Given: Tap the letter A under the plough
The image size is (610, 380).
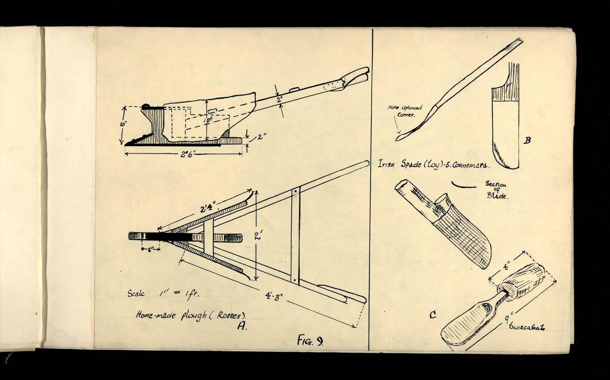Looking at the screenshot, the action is coord(242,326).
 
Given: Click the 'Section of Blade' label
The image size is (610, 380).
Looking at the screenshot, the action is coord(496,190).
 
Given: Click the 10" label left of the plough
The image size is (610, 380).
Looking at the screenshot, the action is coord(123,125).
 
